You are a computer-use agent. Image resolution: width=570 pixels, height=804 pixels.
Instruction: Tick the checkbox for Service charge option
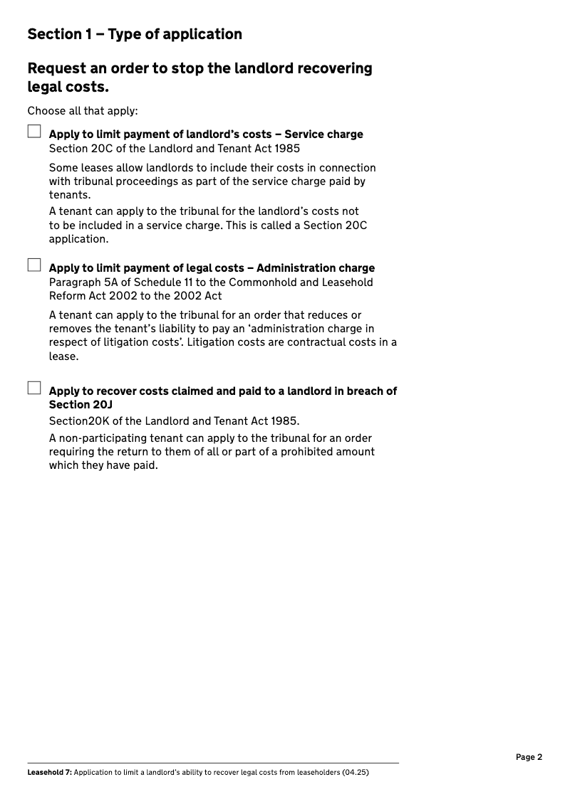(x=34, y=132)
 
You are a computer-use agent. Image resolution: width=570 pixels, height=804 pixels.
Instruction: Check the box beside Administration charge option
(x=34, y=265)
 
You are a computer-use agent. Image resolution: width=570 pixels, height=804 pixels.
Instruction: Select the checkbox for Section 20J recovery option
(x=34, y=388)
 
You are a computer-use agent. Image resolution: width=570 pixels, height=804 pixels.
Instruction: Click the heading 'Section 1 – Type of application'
(x=135, y=34)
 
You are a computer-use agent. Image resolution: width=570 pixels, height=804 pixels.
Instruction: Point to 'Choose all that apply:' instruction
(x=83, y=111)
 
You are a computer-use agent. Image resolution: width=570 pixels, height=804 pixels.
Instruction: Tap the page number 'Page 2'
(x=529, y=757)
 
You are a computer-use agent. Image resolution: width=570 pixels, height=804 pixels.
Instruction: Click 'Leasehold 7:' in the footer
(x=49, y=772)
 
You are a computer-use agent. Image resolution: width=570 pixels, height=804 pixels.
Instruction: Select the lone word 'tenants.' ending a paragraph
(x=70, y=195)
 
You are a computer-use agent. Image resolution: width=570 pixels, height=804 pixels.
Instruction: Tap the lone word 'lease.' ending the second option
(x=63, y=356)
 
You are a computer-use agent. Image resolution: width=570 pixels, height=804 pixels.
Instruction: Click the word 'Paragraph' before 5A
(x=75, y=282)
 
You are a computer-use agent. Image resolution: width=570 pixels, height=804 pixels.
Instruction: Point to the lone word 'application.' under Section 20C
(x=78, y=239)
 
